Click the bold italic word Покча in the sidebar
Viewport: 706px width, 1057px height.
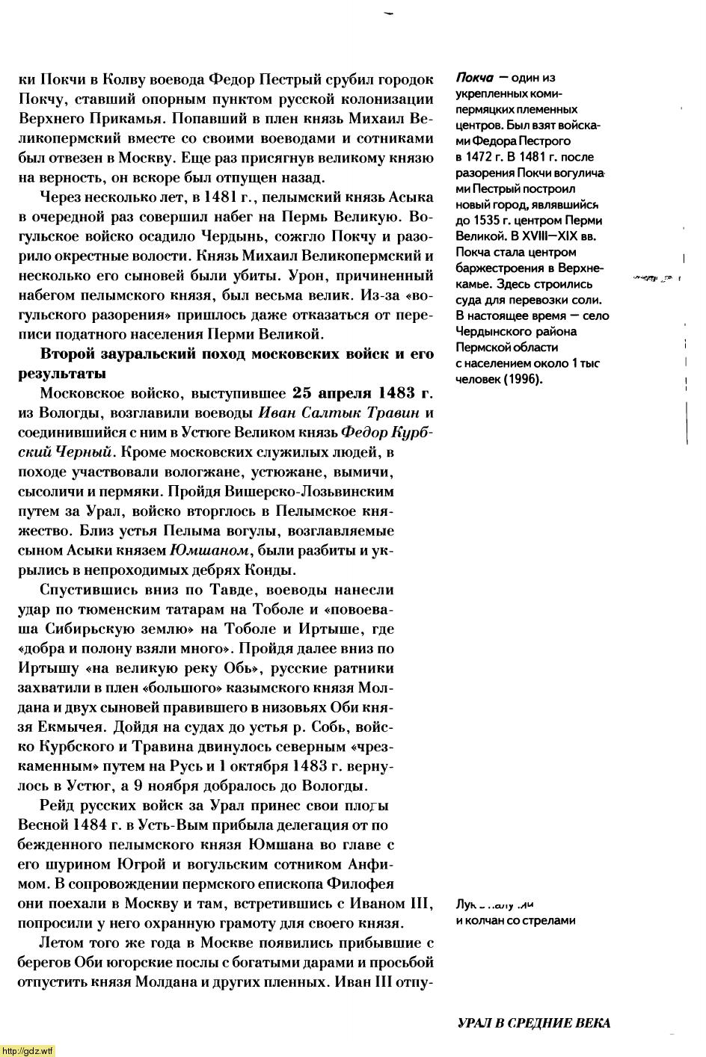(473, 78)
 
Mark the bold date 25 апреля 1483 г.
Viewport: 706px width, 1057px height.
(363, 393)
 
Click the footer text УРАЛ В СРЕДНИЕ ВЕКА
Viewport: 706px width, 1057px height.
(533, 1023)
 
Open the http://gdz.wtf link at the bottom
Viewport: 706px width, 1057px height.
(28, 1051)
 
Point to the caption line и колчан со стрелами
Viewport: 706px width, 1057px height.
(515, 920)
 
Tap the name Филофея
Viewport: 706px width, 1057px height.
(396, 883)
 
